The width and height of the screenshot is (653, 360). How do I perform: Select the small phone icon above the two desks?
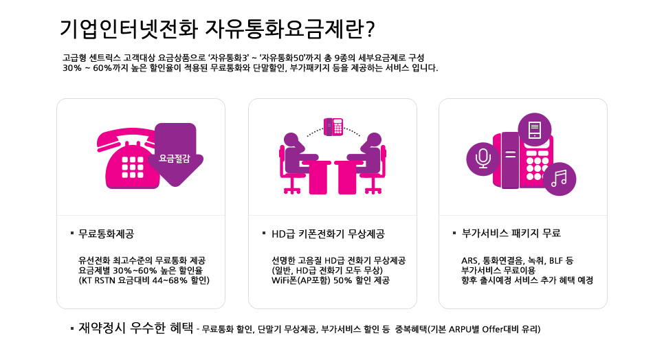point(333,127)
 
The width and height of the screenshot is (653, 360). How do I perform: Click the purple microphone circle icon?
point(483,159)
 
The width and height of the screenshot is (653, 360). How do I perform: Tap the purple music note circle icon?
point(560,179)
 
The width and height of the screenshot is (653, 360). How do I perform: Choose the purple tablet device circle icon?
point(535,129)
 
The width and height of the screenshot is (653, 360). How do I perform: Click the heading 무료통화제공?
point(106,234)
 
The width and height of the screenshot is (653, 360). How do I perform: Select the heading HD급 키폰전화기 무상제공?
point(328,234)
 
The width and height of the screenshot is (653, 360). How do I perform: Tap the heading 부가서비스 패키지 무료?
point(511,233)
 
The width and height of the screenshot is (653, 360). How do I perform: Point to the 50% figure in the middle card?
point(343,280)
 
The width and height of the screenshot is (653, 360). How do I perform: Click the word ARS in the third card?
point(469,261)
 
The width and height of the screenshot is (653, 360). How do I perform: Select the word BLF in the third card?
point(556,261)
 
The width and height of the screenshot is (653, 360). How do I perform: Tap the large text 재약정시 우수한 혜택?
point(136,328)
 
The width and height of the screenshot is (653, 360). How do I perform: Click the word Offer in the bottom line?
point(493,330)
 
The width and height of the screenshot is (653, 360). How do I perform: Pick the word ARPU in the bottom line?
point(460,330)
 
